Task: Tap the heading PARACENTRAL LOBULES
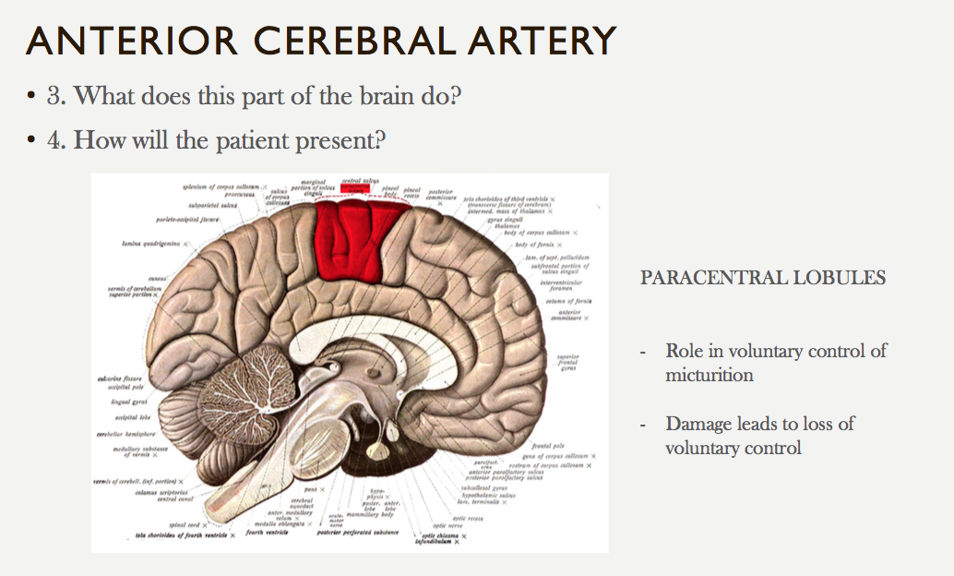(x=763, y=278)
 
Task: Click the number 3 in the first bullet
(x=53, y=95)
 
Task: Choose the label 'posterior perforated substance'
(x=357, y=533)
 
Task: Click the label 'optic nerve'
(x=472, y=526)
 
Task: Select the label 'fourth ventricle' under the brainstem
(x=268, y=533)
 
